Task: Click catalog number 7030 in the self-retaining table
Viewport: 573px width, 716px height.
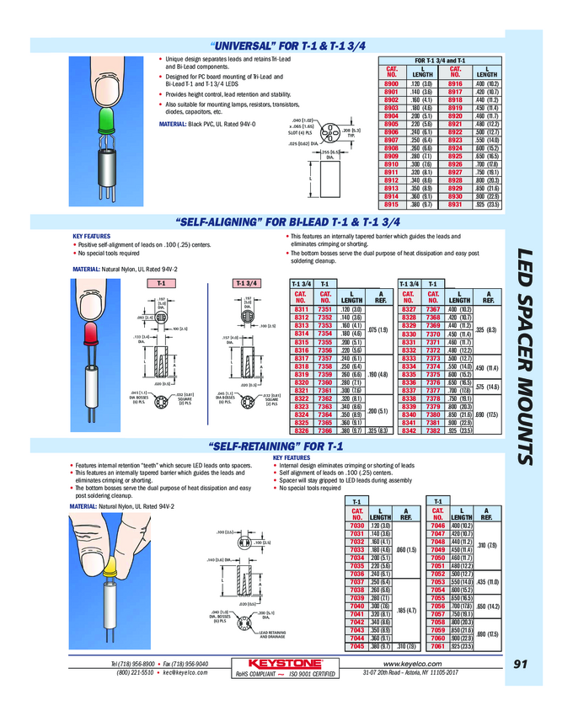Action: (x=356, y=526)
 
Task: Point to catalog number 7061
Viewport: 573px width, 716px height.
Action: (x=437, y=647)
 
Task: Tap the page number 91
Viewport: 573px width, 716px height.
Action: (x=520, y=665)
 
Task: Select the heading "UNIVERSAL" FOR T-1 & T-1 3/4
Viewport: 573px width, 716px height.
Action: (x=286, y=45)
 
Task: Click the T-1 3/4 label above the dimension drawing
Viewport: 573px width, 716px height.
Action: (x=250, y=283)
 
